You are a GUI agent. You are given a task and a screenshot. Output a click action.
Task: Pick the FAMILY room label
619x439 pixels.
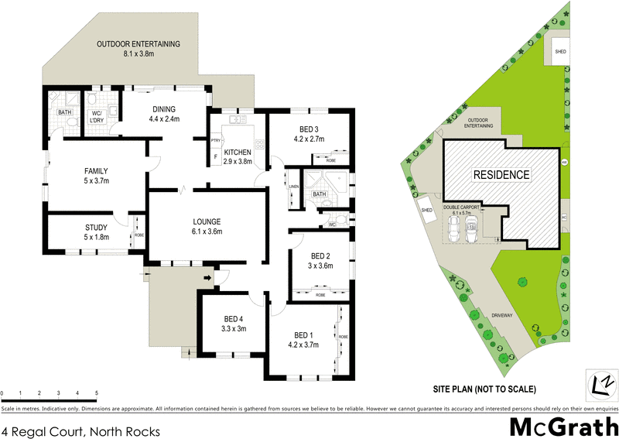click(96, 171)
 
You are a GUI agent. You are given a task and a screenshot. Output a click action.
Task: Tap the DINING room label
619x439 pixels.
click(164, 109)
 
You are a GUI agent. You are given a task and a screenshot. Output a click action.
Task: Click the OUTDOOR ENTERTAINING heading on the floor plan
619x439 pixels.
click(139, 44)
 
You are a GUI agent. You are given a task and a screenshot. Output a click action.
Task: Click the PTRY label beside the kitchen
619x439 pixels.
click(216, 140)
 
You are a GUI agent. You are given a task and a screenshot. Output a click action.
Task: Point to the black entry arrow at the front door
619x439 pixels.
click(208, 277)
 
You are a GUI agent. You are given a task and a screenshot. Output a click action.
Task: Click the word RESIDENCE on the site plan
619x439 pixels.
click(501, 175)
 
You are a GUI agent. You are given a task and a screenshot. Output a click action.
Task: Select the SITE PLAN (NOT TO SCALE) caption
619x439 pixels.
click(484, 388)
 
